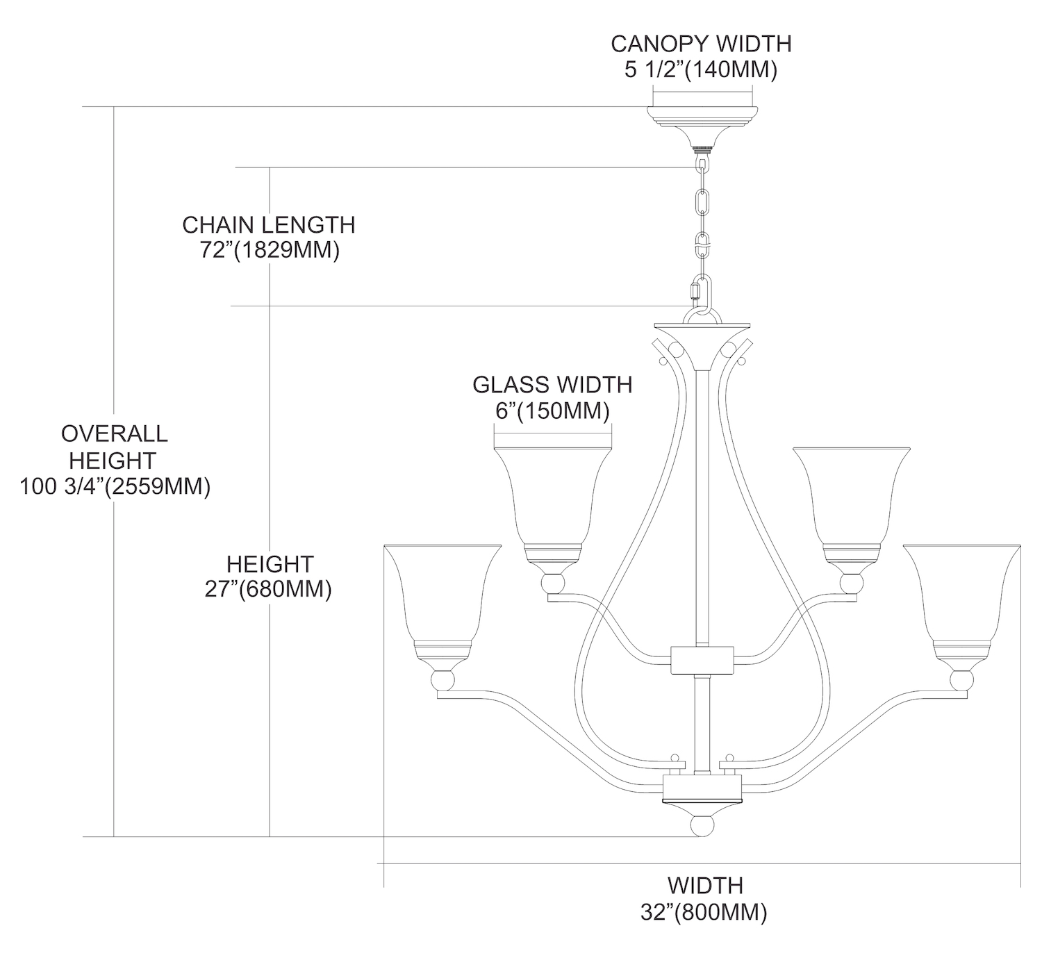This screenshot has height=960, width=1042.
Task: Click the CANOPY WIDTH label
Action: (701, 44)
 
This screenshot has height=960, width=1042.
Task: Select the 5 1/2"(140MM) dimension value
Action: (701, 70)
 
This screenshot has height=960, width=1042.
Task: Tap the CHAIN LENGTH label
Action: (269, 225)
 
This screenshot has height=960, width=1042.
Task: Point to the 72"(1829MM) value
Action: (270, 250)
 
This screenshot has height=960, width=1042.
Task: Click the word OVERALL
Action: (115, 433)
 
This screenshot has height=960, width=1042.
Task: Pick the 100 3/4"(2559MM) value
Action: (115, 486)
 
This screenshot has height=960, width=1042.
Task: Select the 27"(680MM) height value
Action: (270, 589)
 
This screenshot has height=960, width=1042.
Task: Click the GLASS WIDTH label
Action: (552, 384)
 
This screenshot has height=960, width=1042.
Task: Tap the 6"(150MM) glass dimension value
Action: (552, 411)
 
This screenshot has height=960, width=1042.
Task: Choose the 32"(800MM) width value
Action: (704, 912)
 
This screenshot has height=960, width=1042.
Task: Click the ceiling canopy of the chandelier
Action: (702, 125)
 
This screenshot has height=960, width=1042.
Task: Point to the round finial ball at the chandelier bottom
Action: (702, 827)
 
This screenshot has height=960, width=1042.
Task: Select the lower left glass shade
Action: (442, 597)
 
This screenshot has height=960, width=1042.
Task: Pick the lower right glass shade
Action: (962, 597)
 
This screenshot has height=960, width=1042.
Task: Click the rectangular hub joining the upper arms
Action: (702, 660)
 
